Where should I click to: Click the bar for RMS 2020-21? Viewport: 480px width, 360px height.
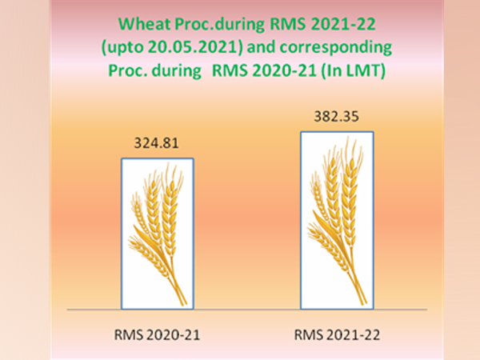pyautogui.click(x=157, y=234)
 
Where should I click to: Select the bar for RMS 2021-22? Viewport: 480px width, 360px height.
pyautogui.click(x=337, y=219)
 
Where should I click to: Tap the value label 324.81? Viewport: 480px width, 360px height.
pyautogui.click(x=157, y=145)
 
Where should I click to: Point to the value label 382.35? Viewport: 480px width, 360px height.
pyautogui.click(x=337, y=118)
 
